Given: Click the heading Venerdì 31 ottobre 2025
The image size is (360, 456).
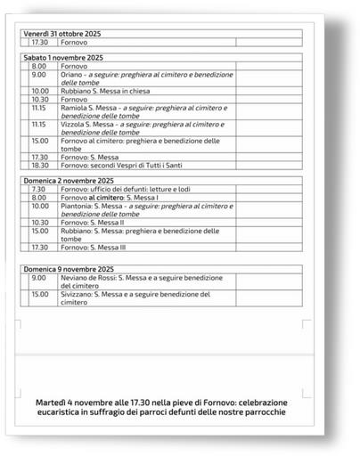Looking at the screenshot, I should point(61,34).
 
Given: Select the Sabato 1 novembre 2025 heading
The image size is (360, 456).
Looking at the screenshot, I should point(63,57).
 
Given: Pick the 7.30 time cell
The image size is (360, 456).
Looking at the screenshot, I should point(38,189).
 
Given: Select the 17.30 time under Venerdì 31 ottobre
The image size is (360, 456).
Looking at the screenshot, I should point(40,42).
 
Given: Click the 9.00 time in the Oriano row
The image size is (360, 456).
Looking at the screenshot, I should point(39,74).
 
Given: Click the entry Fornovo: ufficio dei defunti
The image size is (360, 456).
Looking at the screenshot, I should point(117,189).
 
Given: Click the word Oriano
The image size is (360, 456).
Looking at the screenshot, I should point(72,74).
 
